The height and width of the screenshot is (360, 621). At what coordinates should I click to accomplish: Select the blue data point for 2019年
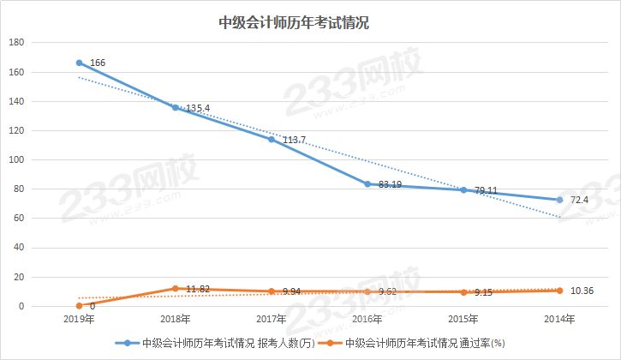pos(80,63)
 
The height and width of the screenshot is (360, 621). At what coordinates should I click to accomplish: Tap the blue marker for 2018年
pos(176,108)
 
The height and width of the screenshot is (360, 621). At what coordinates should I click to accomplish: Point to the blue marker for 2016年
pos(367,184)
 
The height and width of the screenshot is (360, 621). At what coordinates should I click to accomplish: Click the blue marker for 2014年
pos(559,200)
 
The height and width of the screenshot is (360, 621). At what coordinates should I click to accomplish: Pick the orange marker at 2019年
pos(80,306)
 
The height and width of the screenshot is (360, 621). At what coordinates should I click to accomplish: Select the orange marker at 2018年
pos(176,289)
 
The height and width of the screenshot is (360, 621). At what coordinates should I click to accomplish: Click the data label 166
pos(97,63)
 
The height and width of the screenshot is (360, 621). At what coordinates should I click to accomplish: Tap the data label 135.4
pos(197,109)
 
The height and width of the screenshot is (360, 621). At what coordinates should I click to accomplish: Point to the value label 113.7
pos(292,141)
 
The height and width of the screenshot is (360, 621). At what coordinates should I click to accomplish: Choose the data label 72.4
pos(579,199)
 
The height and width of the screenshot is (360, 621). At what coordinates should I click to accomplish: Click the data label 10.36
pos(582,291)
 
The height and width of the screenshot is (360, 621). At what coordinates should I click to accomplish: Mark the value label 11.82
pos(199,291)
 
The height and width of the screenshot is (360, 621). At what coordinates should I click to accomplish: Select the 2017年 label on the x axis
pos(272,320)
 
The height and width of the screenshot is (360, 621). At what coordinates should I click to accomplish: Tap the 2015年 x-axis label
pos(463,320)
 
